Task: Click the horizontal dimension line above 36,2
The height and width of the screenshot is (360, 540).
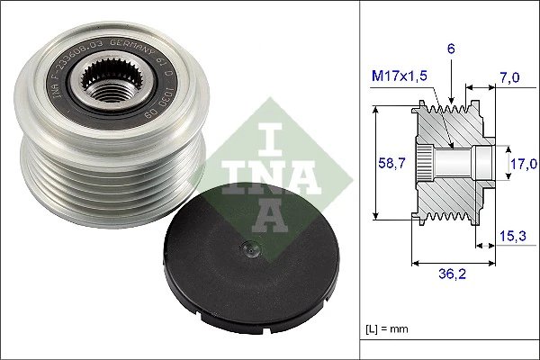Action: (x=452, y=264)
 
